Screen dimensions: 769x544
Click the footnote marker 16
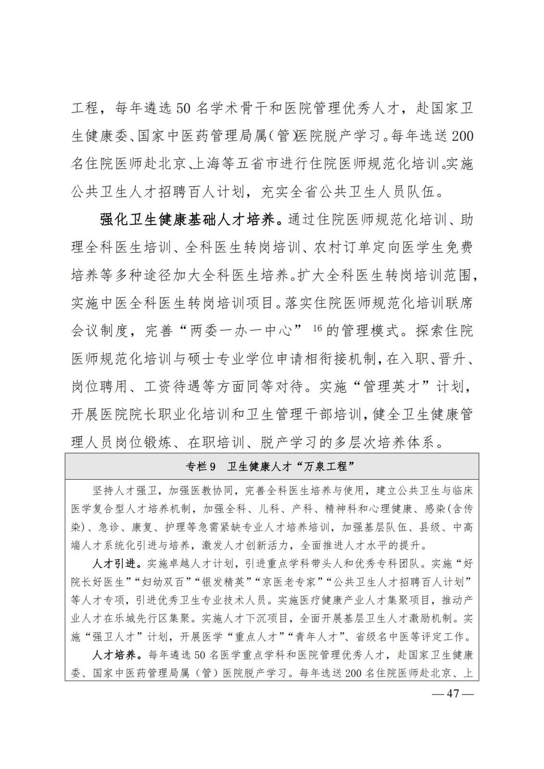coord(317,328)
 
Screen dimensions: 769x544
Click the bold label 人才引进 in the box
coord(110,563)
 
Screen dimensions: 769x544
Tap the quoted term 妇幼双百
coord(165,582)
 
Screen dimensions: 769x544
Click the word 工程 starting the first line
coord(85,108)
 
